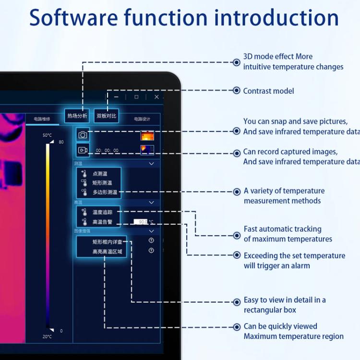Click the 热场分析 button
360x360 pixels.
77,116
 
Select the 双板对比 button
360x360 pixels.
107,116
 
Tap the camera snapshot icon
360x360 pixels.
83,135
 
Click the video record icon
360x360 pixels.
83,150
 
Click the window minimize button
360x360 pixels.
116,97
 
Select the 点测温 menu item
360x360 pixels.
100,174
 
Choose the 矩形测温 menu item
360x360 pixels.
102,183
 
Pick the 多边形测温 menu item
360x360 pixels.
104,192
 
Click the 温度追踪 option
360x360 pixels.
102,212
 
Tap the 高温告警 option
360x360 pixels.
102,222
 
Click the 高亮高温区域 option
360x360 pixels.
107,251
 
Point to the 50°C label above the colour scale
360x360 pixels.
47,135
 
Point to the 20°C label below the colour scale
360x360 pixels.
47,336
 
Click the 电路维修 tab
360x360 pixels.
42,119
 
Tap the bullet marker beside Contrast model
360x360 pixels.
236,90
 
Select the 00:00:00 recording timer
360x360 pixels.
107,150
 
